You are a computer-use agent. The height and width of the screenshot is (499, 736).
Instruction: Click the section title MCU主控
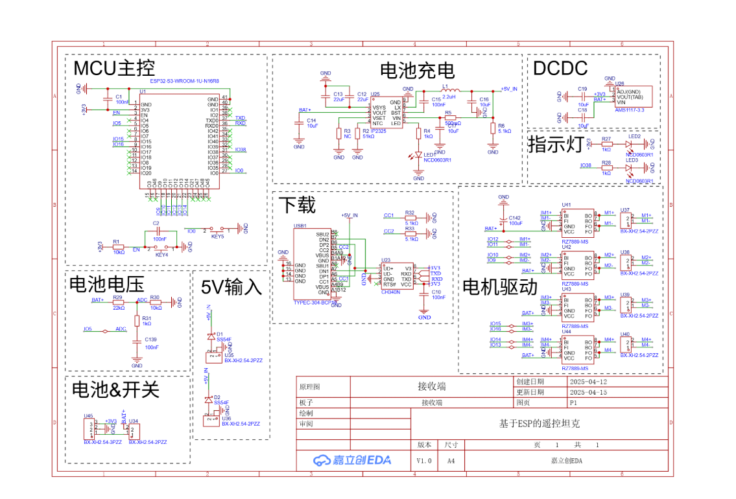click(114, 68)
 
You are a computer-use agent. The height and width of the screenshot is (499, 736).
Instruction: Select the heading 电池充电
click(416, 70)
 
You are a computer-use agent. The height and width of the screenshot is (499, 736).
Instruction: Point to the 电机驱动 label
click(499, 286)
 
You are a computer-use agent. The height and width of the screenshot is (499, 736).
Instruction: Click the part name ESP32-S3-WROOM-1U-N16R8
click(184, 82)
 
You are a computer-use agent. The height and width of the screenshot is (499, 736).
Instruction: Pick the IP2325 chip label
click(378, 131)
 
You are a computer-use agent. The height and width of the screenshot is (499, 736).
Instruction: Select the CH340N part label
click(391, 292)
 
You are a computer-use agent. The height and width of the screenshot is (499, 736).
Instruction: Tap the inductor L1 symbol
click(449, 89)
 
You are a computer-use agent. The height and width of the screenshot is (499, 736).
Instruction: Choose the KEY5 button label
click(217, 237)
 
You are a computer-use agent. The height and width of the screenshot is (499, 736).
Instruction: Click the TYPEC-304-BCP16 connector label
click(316, 303)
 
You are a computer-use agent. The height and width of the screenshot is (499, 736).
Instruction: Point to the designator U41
click(566, 205)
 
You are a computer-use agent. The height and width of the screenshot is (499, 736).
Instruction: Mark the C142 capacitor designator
click(515, 218)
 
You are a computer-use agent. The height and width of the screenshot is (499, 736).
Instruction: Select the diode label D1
click(219, 334)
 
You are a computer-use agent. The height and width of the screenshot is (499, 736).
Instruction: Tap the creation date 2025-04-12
click(588, 382)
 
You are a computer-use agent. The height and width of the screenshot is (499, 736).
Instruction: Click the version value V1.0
click(424, 460)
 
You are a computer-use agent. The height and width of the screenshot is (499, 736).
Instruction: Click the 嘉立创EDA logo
click(352, 460)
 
